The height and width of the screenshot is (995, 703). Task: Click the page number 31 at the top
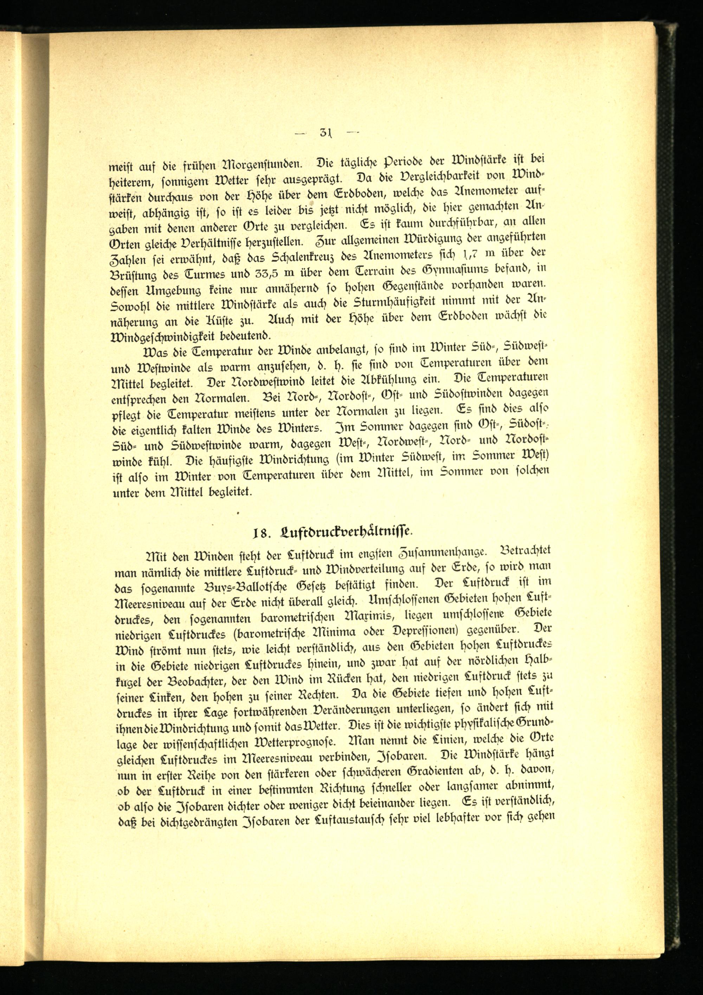(325, 132)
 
